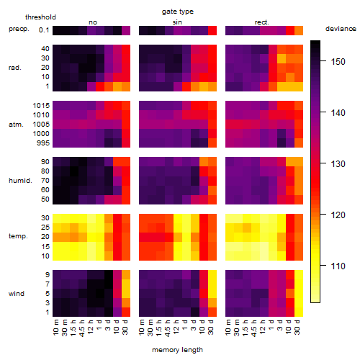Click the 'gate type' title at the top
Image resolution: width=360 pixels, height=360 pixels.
point(178,12)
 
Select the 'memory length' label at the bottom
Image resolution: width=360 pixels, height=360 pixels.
point(177,350)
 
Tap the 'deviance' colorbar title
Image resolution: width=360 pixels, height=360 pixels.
point(341,29)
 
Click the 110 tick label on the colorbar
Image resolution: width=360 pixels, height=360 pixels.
point(338,266)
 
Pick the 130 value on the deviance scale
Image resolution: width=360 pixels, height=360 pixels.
point(338,164)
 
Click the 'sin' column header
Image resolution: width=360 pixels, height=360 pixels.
point(177,22)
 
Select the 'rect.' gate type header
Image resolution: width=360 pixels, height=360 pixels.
point(261,22)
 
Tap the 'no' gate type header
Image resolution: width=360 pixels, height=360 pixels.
point(93,22)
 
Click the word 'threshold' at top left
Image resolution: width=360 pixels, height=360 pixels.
point(40,17)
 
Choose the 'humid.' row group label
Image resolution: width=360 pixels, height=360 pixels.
point(20,181)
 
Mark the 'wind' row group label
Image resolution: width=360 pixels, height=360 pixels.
point(17,294)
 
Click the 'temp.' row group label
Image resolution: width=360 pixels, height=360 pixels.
point(18,236)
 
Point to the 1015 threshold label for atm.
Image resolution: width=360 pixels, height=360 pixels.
point(41,106)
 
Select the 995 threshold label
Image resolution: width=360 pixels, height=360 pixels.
point(43,143)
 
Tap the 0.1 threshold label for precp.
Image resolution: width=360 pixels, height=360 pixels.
point(44,30)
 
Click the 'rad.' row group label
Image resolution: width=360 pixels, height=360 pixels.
point(15,68)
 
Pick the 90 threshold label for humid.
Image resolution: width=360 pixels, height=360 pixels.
point(45,162)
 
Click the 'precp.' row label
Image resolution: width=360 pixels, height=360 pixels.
point(19,30)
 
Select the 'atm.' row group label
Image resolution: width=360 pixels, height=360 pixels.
point(16,125)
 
